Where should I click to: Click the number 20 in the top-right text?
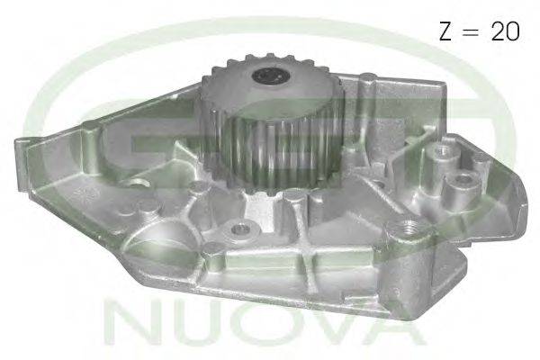coord(505,31)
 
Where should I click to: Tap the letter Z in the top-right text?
coord(445,31)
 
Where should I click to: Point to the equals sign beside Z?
coord(471,31)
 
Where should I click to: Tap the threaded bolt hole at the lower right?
coord(408,228)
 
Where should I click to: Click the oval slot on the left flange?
coord(137,183)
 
